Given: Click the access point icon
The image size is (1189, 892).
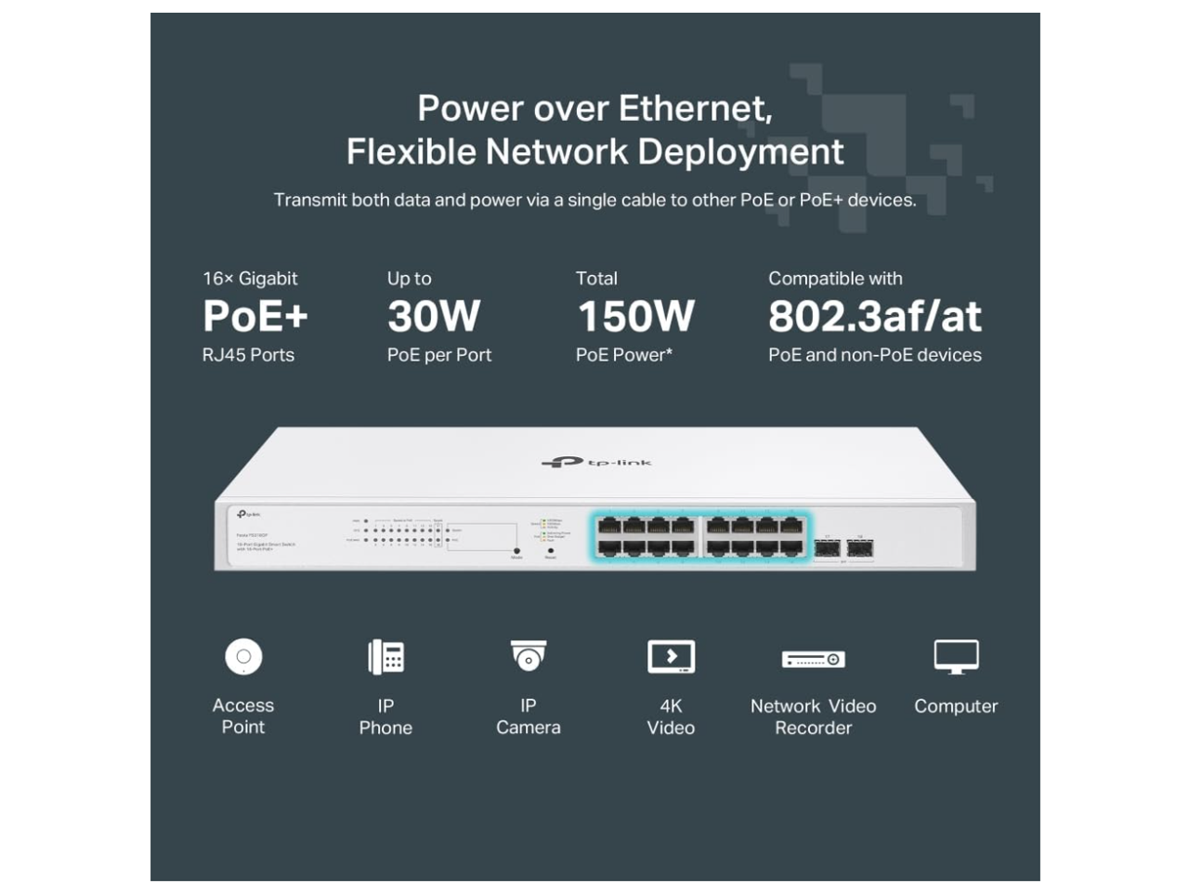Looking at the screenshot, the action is [243, 657].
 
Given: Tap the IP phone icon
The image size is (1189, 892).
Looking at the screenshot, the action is [385, 657].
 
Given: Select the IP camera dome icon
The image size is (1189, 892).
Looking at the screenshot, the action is [529, 656].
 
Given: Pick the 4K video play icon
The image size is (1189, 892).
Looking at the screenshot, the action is [671, 657].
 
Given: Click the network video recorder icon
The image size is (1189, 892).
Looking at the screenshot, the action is [813, 659].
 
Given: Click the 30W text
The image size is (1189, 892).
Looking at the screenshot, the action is [434, 316].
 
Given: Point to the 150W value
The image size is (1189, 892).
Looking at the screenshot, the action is [636, 316].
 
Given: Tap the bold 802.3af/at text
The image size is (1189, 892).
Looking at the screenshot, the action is [874, 316].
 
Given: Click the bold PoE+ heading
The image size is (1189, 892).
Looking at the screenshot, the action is [255, 316].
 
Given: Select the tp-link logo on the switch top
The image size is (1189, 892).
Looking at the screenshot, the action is [596, 462].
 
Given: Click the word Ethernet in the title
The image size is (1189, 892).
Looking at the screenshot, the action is [695, 109].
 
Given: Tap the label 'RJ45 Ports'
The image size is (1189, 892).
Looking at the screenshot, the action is [248, 355].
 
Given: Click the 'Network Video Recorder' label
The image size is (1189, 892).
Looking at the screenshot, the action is [813, 716].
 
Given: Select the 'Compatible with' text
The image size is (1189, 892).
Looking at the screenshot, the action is [835, 279].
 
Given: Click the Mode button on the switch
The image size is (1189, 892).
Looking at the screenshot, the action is [516, 550].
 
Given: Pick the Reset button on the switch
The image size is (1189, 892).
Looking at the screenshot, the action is [551, 550].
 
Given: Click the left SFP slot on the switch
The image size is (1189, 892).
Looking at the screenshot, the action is [827, 549].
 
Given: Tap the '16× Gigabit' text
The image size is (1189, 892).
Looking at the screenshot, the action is [250, 279].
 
